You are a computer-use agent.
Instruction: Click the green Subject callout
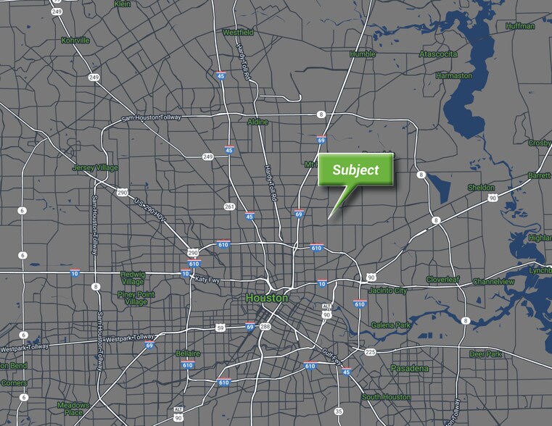click(x=355, y=170)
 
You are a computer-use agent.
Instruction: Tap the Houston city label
click(x=266, y=298)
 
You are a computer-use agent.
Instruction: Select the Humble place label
click(x=362, y=54)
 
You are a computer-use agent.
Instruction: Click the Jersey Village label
click(x=94, y=167)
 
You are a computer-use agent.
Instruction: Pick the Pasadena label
click(x=409, y=368)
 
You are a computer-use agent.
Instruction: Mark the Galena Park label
click(x=391, y=325)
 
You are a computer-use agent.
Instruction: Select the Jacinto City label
click(x=390, y=291)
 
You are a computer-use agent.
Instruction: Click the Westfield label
click(x=237, y=33)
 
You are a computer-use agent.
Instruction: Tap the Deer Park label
click(x=485, y=354)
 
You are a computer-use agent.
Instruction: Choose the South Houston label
click(x=387, y=397)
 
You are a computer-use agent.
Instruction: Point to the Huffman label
click(x=521, y=25)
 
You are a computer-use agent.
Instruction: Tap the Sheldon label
click(x=482, y=187)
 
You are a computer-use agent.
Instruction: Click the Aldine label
click(x=258, y=122)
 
